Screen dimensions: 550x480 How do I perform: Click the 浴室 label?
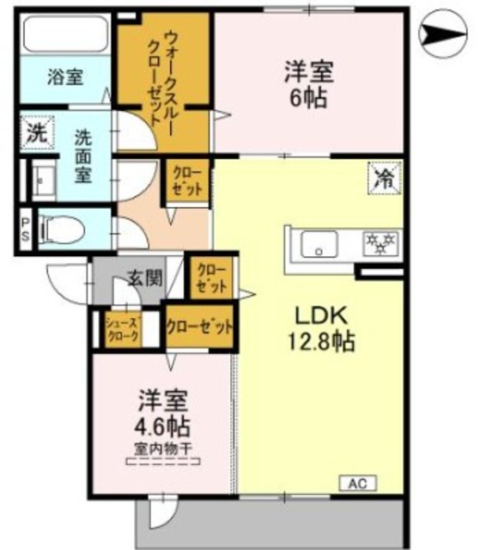tap(64, 76)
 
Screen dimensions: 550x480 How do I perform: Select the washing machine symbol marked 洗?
tap(35, 133)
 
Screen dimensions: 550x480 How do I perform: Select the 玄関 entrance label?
tap(144, 278)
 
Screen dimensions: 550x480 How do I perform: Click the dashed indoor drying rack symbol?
tap(163, 462)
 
